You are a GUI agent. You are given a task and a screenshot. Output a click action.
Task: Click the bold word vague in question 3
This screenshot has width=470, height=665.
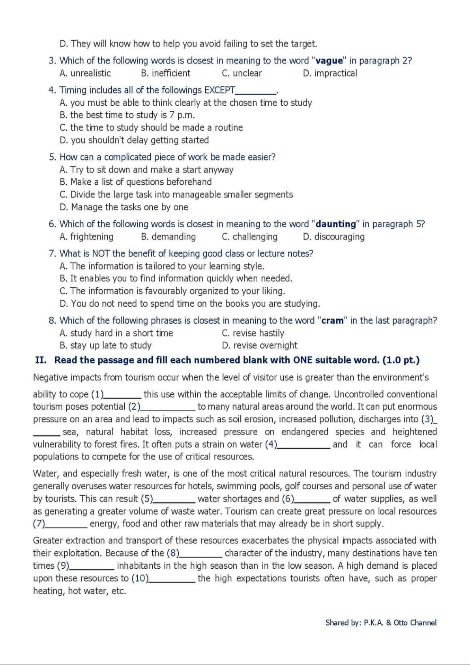pos(330,61)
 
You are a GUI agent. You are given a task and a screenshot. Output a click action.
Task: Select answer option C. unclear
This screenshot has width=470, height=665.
pos(242,73)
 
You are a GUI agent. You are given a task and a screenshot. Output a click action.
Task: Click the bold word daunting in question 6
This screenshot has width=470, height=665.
pos(336,224)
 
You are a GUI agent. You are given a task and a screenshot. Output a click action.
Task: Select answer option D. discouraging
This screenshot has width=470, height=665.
pos(333,237)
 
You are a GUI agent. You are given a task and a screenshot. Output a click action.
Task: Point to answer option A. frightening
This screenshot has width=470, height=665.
pos(86,237)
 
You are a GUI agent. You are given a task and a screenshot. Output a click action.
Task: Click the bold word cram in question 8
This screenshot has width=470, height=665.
pos(333,320)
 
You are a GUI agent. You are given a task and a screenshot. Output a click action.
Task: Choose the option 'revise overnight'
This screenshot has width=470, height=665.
pos(260,346)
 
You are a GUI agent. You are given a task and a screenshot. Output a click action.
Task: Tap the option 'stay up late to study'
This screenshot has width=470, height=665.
pos(105,346)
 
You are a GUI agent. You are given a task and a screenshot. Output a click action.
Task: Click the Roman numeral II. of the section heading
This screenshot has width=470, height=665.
pos(41,360)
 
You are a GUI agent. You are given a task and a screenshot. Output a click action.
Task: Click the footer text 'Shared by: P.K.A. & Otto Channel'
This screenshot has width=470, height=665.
pos(381,623)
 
